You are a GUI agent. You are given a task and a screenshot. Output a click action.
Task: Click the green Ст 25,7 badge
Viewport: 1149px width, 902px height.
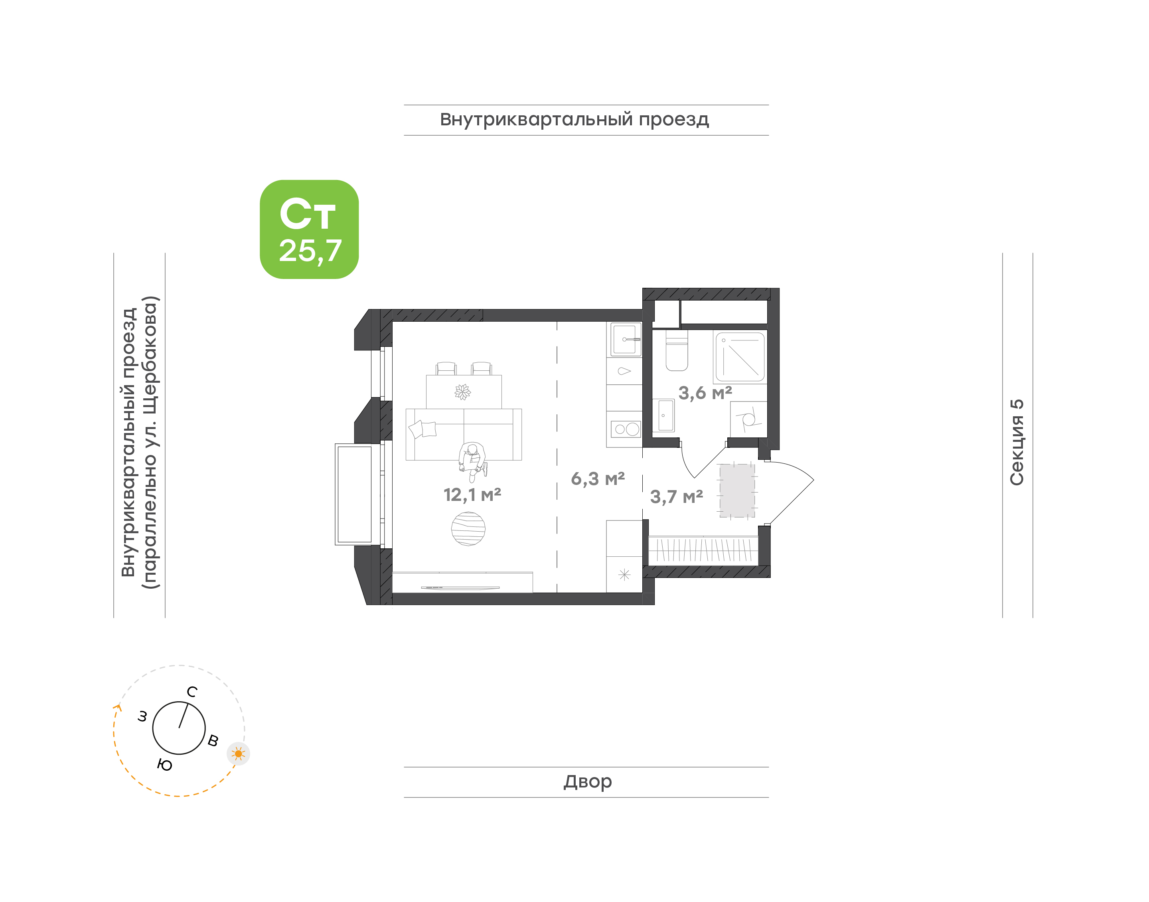[x=309, y=229]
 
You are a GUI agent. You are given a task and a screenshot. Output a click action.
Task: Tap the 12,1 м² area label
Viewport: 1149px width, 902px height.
[x=472, y=495]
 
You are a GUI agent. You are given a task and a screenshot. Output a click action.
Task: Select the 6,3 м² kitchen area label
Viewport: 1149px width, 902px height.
[x=598, y=479]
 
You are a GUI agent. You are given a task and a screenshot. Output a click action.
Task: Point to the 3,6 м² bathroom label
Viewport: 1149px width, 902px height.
[x=705, y=393]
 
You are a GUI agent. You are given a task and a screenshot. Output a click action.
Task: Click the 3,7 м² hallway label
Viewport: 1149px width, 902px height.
[x=676, y=497]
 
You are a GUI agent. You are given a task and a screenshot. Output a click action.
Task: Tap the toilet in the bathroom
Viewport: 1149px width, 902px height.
[x=677, y=350]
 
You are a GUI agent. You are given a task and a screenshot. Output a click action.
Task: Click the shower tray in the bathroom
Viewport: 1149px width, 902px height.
[x=740, y=356]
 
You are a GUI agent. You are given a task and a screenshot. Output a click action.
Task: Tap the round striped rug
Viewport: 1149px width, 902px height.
[x=468, y=529]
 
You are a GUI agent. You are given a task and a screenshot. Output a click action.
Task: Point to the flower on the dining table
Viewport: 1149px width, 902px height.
[x=462, y=392]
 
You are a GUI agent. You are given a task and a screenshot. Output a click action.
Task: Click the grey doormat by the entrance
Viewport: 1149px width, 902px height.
[x=737, y=491]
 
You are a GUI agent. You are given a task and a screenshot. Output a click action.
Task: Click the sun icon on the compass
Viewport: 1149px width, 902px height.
[x=239, y=754]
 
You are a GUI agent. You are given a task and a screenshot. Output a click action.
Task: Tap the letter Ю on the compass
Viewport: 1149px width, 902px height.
[x=165, y=765]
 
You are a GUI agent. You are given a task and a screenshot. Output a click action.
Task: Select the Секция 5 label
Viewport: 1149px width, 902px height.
[x=1017, y=442]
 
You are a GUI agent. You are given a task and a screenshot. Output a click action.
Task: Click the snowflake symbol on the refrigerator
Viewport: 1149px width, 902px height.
[x=624, y=575]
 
